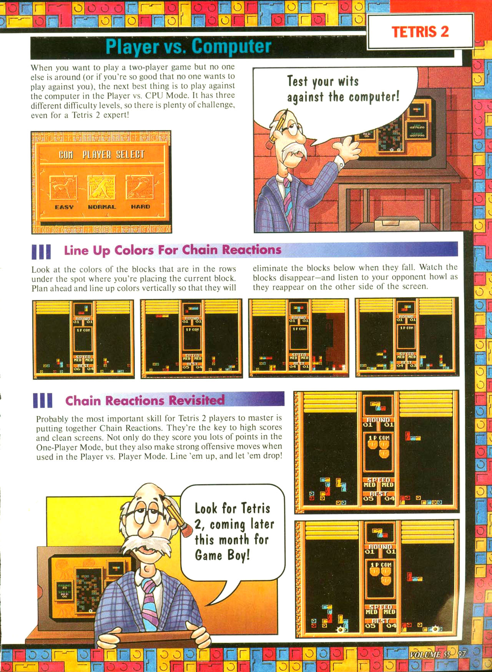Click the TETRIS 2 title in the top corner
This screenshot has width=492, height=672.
tap(420, 32)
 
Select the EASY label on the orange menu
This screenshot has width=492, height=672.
tap(64, 207)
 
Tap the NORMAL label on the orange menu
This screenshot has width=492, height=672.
tap(101, 207)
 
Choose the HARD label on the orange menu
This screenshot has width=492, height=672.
tap(140, 207)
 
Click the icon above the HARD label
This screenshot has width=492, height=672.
tap(140, 187)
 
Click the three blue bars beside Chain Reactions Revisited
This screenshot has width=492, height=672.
tap(42, 400)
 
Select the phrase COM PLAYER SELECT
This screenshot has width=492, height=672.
tap(101, 155)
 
